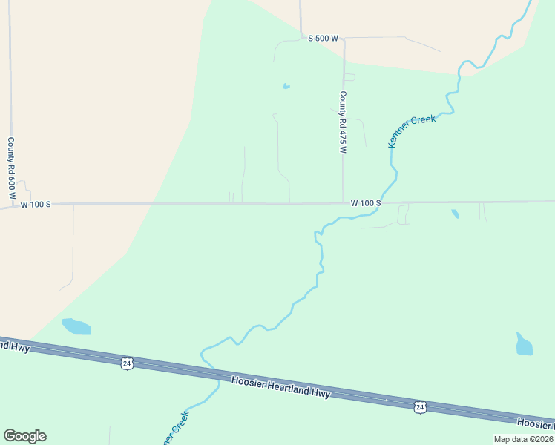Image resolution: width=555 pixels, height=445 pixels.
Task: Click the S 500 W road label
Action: pyautogui.click(x=323, y=39)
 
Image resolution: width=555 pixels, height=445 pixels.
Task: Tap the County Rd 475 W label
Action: pyautogui.click(x=343, y=122)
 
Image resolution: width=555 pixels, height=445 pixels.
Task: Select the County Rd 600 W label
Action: pyautogui.click(x=12, y=171)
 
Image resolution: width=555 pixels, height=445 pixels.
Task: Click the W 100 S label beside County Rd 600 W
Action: pyautogui.click(x=36, y=204)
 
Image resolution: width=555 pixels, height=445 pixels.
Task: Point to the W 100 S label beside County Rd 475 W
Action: pyautogui.click(x=366, y=202)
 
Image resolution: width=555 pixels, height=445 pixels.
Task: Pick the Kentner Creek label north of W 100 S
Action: pyautogui.click(x=412, y=131)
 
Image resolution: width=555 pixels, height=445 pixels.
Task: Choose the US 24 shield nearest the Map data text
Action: pyautogui.click(x=421, y=406)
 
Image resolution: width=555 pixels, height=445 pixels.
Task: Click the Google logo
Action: pyautogui.click(x=24, y=436)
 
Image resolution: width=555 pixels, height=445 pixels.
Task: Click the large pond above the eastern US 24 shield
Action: pyautogui.click(x=524, y=344)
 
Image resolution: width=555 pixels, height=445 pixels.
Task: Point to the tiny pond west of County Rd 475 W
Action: pyautogui.click(x=286, y=87)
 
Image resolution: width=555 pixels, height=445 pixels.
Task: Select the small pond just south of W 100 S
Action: pyautogui.click(x=455, y=214)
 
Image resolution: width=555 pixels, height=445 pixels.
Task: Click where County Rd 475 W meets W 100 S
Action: pyautogui.click(x=343, y=202)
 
